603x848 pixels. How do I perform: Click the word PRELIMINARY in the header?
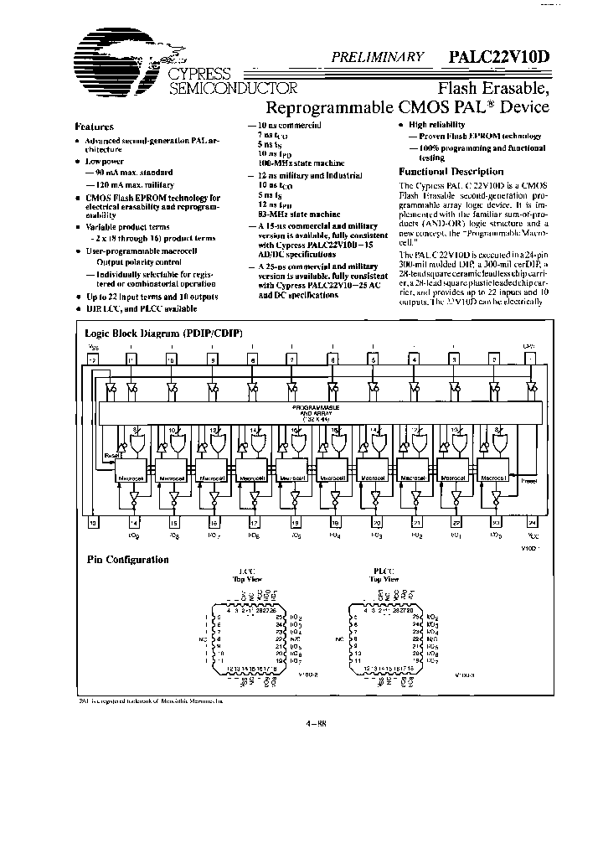[379, 57]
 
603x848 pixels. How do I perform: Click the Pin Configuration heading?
[128, 560]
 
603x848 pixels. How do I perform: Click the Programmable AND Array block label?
[316, 411]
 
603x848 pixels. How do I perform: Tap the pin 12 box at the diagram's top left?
[94, 359]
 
